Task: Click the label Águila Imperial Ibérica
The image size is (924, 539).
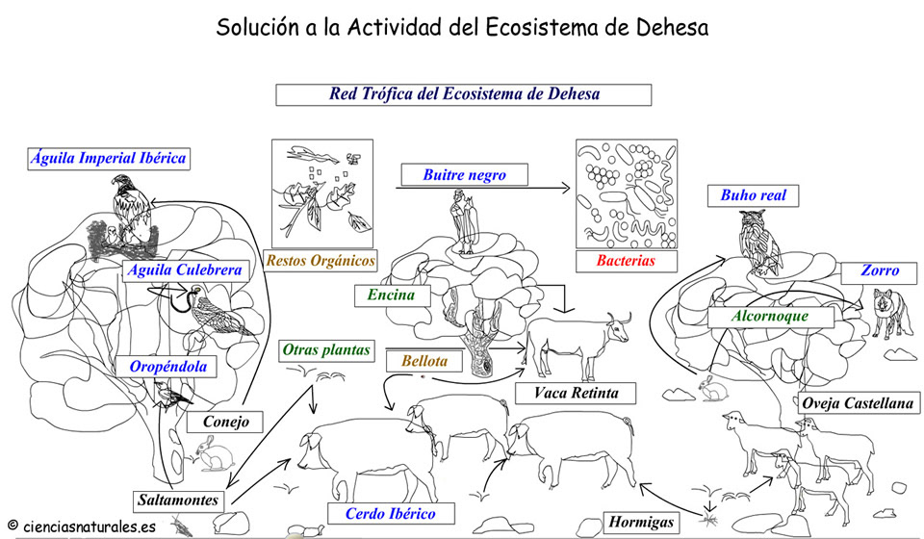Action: tap(107, 159)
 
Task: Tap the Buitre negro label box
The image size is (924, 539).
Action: tap(464, 175)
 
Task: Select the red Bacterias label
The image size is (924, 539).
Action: tap(625, 261)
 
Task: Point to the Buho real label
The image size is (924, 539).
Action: tap(754, 195)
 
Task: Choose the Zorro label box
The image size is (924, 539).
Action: tap(880, 270)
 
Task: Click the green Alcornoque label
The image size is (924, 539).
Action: tap(769, 316)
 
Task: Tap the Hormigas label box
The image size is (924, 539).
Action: tap(641, 523)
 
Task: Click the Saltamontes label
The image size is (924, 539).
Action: tap(179, 500)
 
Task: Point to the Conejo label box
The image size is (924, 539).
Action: tap(226, 422)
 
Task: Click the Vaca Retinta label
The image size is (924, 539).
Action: tap(576, 393)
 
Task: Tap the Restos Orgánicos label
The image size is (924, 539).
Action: tap(321, 260)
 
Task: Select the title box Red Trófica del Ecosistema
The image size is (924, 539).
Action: tap(464, 94)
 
